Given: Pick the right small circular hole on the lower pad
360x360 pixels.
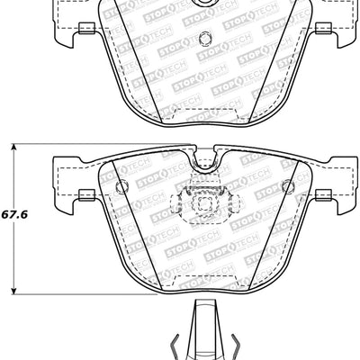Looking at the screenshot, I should [287, 186].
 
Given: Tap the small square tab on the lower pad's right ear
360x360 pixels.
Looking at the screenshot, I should [322, 193].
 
